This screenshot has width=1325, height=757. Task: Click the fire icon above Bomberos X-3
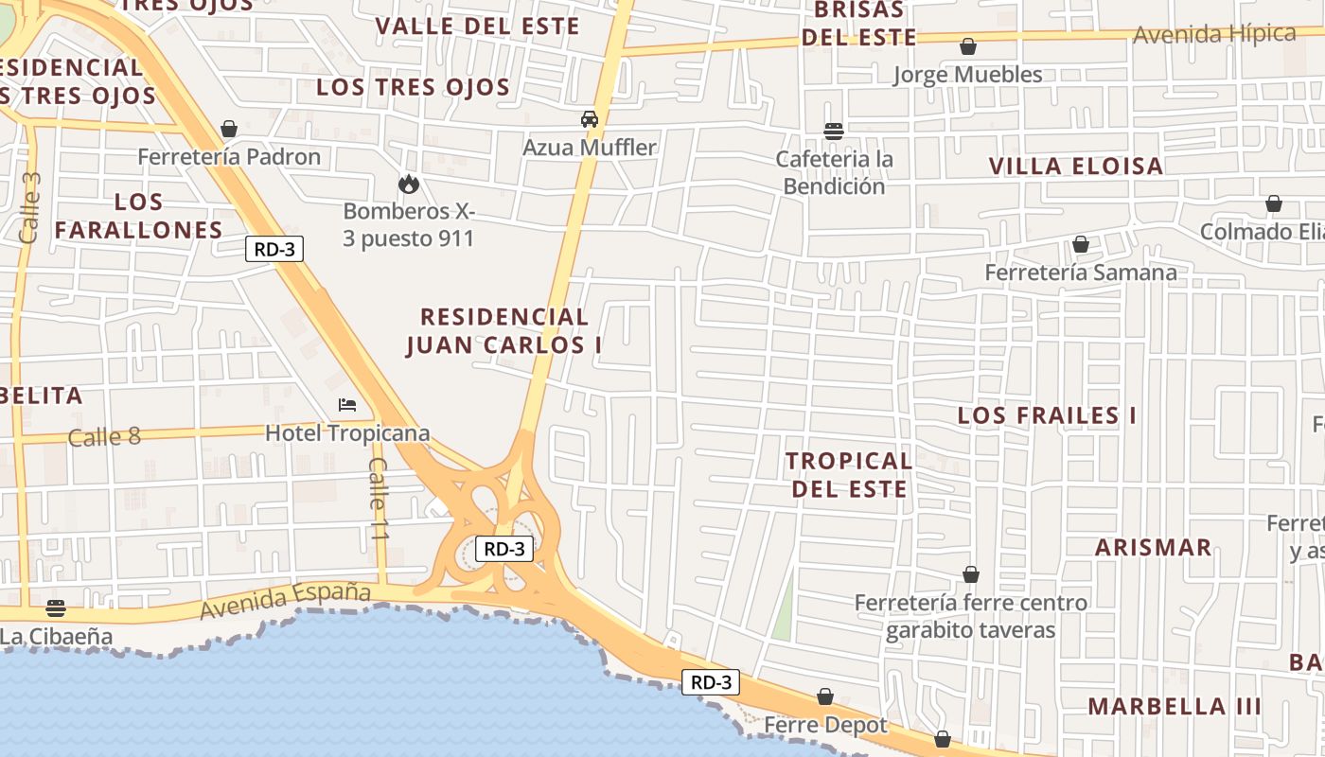(x=409, y=183)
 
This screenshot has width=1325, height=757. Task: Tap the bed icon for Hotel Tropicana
(x=347, y=405)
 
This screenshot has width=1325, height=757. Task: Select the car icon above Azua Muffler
(x=590, y=119)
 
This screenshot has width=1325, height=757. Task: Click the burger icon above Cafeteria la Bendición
(x=834, y=131)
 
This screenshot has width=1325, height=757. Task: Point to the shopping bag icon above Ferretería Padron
(x=229, y=128)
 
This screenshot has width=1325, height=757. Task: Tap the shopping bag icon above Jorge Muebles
(x=968, y=45)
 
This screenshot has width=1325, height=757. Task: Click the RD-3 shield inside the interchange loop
(x=503, y=549)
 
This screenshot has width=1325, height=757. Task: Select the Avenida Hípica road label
(x=1214, y=35)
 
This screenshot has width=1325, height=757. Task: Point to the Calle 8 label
(x=104, y=437)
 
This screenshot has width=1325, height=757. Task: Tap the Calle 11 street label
(x=379, y=499)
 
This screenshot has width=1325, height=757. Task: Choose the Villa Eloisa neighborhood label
(x=1076, y=167)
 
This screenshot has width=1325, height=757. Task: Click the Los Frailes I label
(x=1047, y=415)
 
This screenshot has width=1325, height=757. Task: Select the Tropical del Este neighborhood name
(x=849, y=475)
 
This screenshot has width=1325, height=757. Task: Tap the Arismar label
(x=1153, y=547)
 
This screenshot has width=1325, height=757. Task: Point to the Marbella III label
(x=1174, y=706)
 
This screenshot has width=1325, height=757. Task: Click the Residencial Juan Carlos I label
(x=504, y=331)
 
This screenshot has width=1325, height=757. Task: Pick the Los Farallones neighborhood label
(x=138, y=216)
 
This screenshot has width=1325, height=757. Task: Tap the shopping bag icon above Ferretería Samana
(x=1080, y=245)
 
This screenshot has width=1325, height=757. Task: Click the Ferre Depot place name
(x=826, y=726)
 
